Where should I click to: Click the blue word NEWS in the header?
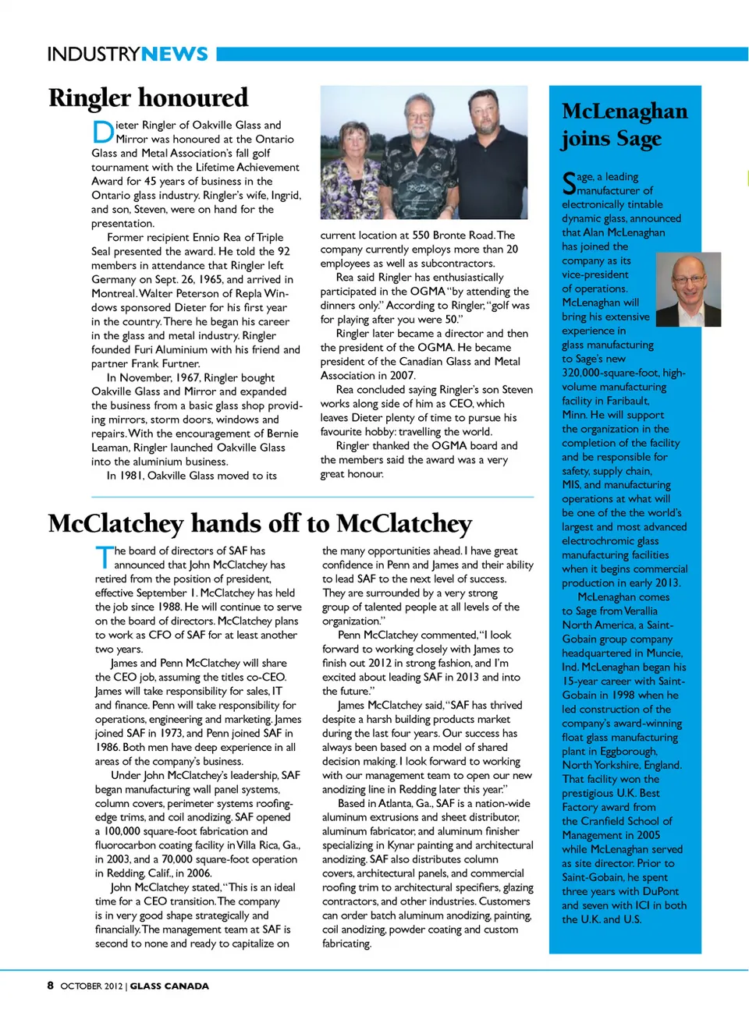tap(175, 54)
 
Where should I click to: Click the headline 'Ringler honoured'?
tap(148, 97)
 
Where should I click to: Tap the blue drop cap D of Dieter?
tap(102, 132)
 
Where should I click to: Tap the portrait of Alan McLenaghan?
tap(687, 289)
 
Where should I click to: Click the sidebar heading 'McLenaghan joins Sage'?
tap(624, 125)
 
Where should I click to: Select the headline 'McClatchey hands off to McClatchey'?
tap(260, 523)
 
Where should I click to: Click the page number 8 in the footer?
tap(51, 986)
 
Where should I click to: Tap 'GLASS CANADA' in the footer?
tap(169, 986)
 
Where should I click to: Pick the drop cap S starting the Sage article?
tap(569, 183)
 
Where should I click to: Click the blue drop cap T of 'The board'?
tap(104, 557)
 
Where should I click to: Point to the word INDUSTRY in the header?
tap(94, 54)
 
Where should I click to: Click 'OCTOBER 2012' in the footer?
tap(91, 986)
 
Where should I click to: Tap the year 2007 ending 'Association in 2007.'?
tap(402, 376)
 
